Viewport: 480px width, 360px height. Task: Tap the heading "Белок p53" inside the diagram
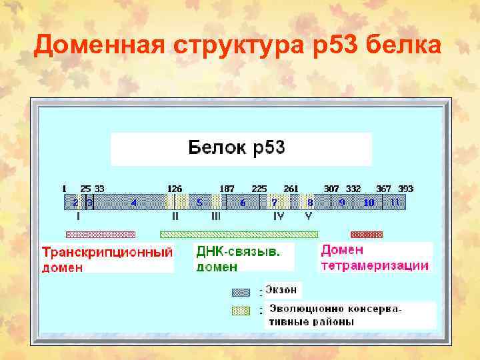pos(237,147)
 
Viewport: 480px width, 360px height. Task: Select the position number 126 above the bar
pos(175,189)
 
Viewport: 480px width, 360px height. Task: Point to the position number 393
pos(406,189)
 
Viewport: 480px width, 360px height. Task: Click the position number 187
pos(227,189)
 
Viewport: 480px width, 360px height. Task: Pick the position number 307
pos(331,189)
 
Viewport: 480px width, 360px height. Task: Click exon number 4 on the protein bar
pos(133,202)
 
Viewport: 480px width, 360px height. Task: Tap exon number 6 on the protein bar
pos(243,202)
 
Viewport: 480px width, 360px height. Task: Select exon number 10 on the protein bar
pos(369,202)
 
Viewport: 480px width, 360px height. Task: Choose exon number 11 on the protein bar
pos(395,202)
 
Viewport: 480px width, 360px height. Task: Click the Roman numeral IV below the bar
pos(279,216)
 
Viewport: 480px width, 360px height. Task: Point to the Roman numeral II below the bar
pos(175,216)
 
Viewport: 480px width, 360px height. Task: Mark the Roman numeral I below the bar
pos(79,216)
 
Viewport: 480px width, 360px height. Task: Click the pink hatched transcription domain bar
pos(100,235)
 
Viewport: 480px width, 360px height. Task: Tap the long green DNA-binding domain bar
pos(239,235)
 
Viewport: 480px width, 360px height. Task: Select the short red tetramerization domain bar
pos(367,235)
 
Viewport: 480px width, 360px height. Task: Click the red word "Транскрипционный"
pos(107,253)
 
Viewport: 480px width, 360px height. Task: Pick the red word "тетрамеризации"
pos(375,265)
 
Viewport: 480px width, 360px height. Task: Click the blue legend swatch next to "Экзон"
pos(240,292)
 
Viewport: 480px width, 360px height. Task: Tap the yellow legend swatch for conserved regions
pos(240,311)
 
